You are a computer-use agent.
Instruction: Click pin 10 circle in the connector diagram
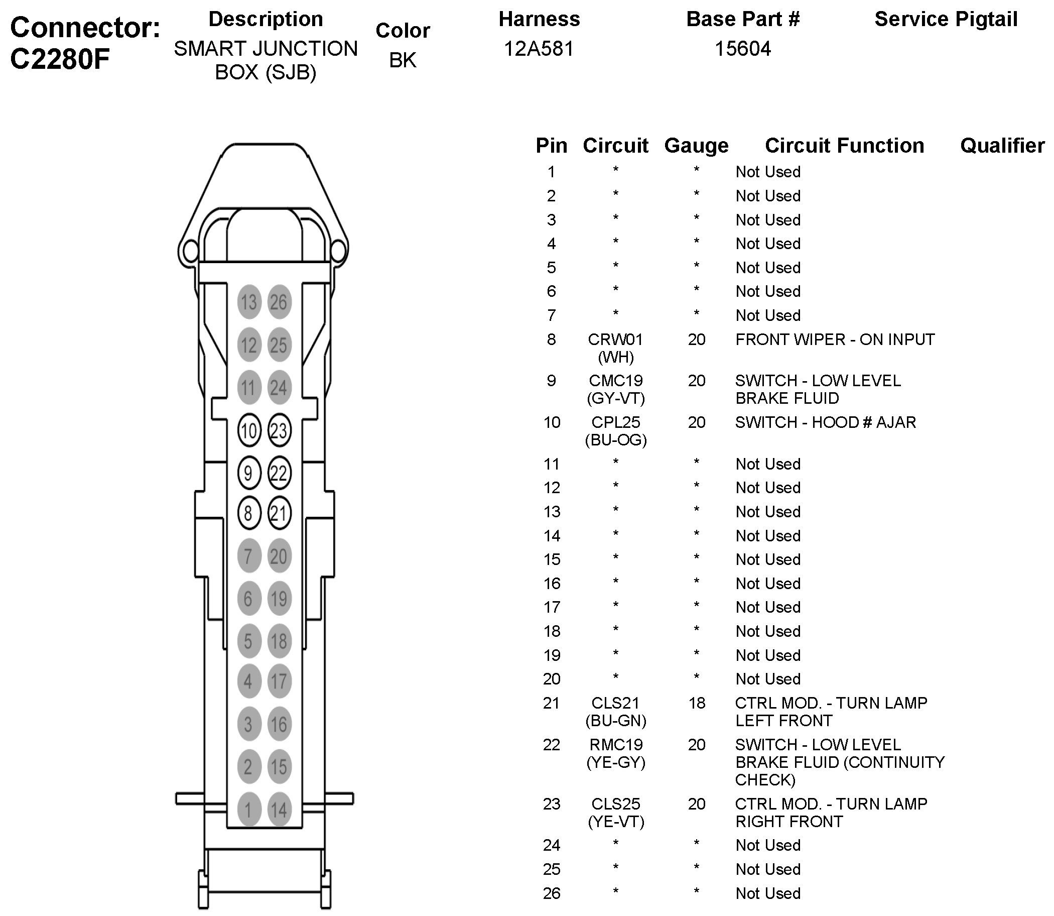coord(249,430)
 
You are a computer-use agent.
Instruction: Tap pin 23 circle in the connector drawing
coord(279,430)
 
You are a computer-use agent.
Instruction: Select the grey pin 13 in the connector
coord(249,302)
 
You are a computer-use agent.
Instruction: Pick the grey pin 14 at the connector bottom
coord(279,810)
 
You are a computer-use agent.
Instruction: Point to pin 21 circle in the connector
coord(279,513)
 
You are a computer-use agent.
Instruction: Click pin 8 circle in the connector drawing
coord(249,513)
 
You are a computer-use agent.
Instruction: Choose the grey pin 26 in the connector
coord(279,302)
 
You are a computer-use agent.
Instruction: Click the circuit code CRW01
coord(615,339)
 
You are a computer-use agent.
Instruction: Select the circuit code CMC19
coord(615,381)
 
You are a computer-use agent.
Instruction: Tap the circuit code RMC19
coord(615,744)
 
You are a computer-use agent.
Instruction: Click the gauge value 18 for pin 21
coord(696,703)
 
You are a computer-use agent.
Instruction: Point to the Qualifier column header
coord(1002,146)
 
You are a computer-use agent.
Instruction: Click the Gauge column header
coord(696,146)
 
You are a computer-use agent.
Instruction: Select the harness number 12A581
coord(539,49)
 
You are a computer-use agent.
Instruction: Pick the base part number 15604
coord(742,49)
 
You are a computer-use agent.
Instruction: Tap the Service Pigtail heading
coord(946,20)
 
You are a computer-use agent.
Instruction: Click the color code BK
coord(403,60)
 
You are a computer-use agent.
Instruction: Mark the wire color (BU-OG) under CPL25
coord(616,439)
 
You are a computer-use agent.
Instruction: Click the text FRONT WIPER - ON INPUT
coord(835,339)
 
